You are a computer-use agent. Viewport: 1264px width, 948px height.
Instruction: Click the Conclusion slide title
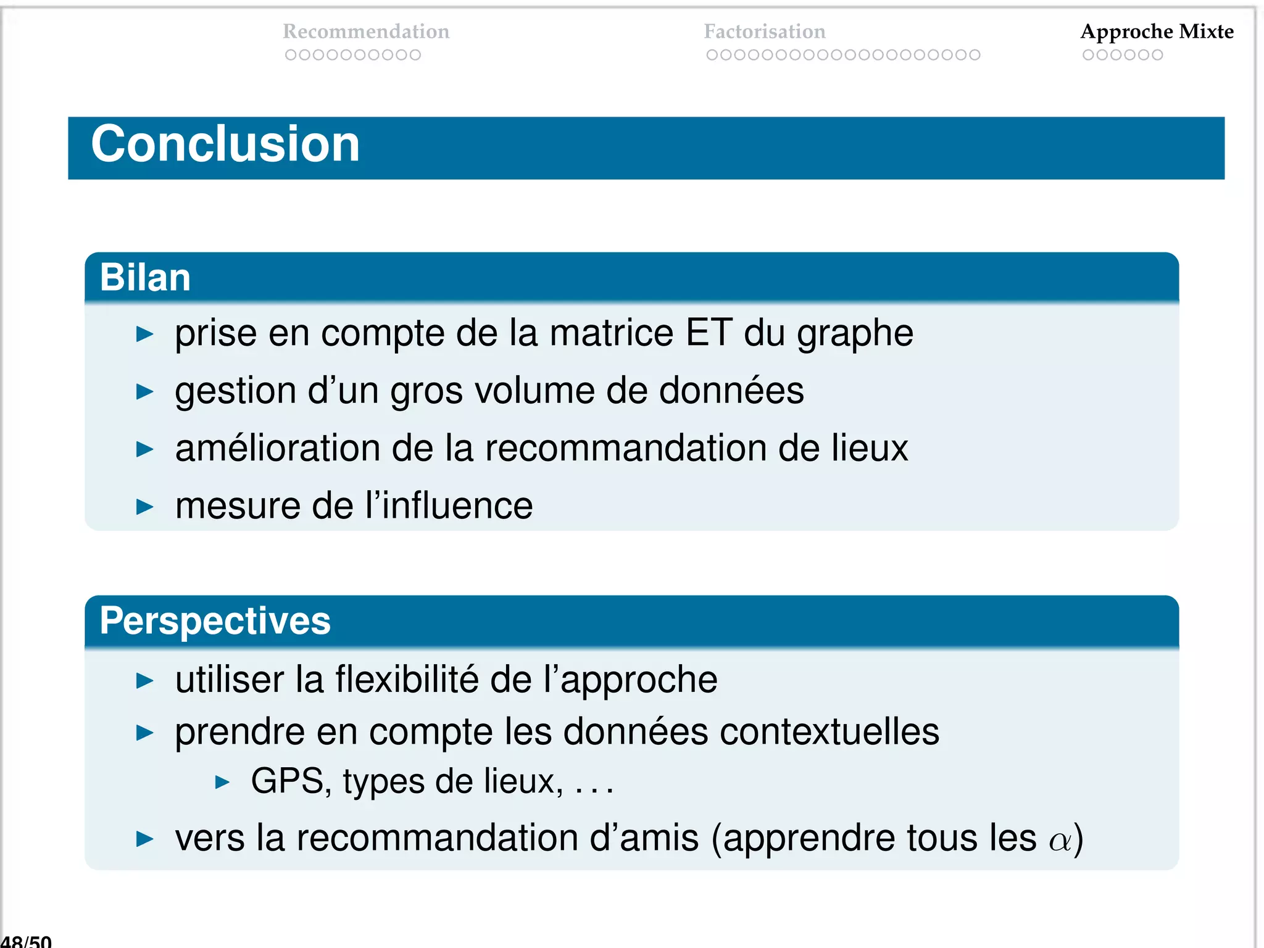(225, 144)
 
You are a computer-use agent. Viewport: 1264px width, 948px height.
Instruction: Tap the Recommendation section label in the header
(366, 31)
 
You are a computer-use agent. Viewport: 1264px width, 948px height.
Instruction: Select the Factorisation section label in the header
(765, 31)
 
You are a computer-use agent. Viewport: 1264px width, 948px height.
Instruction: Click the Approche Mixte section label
(1157, 31)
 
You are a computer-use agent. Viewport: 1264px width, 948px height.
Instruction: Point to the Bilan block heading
(145, 277)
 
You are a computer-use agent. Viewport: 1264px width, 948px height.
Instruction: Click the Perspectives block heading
(215, 620)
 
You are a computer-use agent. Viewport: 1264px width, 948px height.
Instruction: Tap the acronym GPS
(287, 781)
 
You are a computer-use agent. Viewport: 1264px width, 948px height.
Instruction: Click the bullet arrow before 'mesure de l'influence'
(144, 507)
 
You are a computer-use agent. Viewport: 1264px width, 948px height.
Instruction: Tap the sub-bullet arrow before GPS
(222, 783)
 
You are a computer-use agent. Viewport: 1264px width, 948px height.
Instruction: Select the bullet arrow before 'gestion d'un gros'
(144, 391)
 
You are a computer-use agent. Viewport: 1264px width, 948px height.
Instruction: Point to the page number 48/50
(26, 941)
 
